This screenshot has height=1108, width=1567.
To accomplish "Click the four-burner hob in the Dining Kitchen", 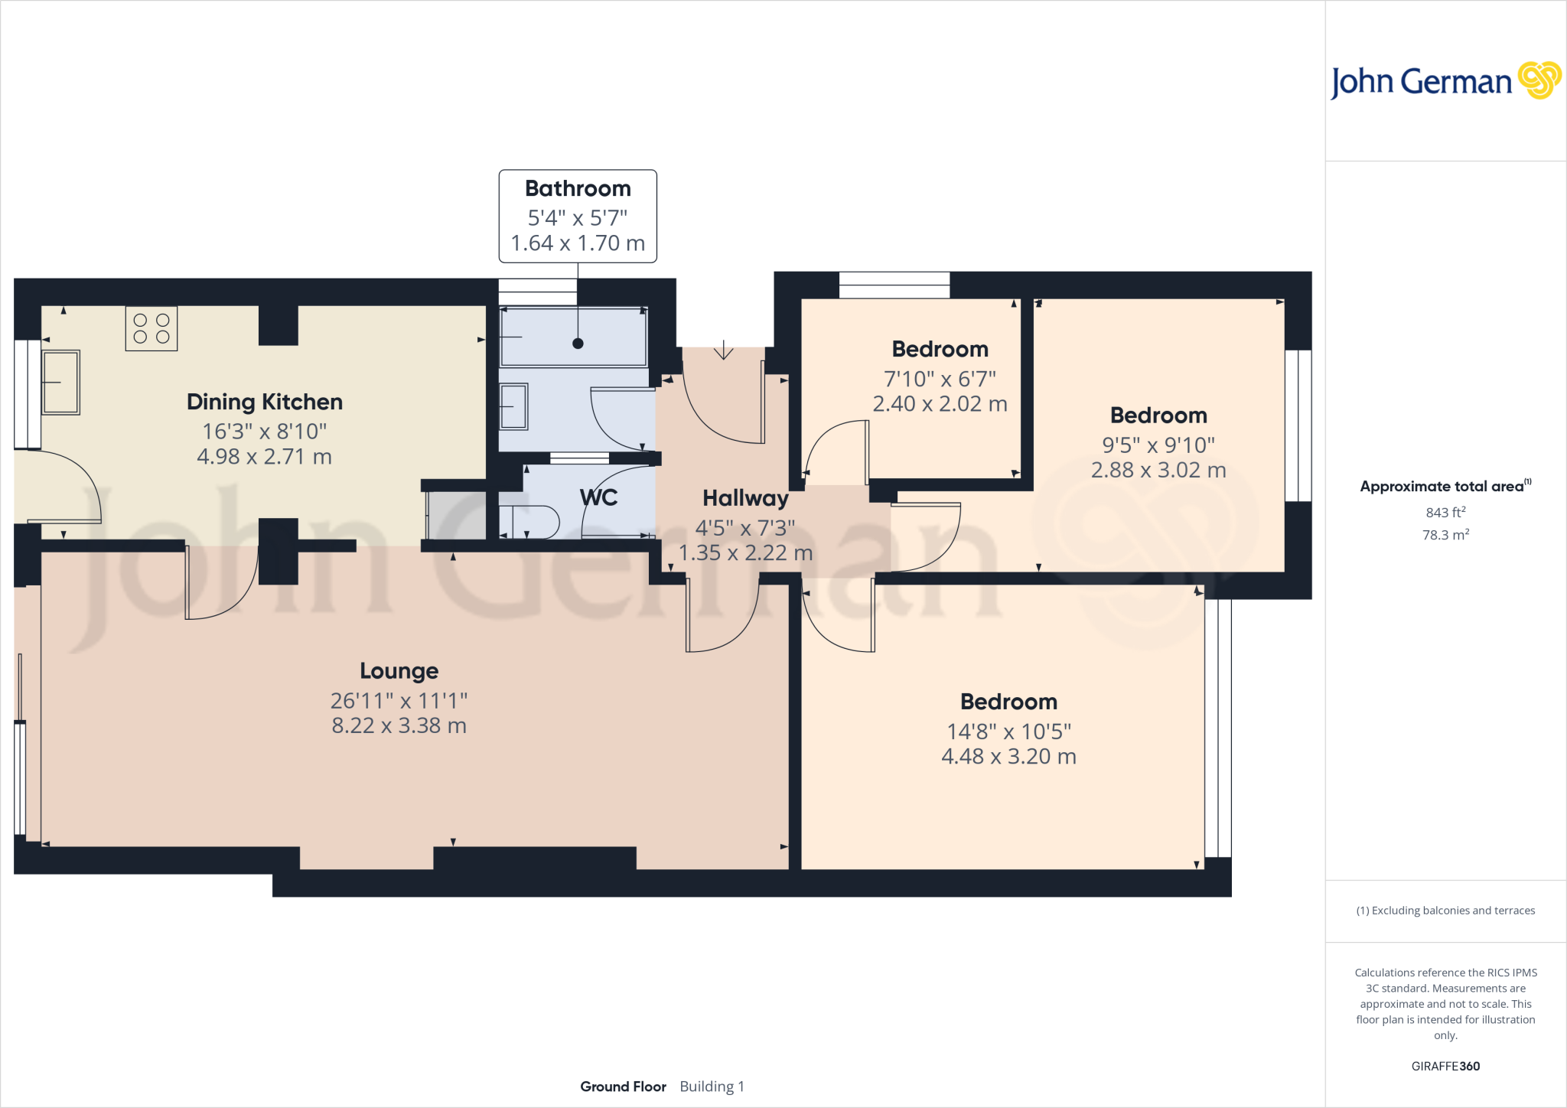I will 151,329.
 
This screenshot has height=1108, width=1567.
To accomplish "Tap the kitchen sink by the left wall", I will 60,382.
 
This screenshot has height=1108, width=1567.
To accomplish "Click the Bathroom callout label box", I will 578,216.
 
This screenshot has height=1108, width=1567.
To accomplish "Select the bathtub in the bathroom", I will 573,337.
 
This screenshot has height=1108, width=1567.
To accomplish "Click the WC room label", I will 598,497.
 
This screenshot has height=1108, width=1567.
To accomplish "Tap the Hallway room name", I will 745,498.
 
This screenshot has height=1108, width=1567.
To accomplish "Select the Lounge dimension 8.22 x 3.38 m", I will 399,725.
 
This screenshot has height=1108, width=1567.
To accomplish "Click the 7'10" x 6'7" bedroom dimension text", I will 940,379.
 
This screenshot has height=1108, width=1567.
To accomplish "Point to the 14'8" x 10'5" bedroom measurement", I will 1008,732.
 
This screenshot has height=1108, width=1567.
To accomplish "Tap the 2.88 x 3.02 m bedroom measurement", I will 1158,470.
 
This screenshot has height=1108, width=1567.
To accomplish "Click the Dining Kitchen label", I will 265,402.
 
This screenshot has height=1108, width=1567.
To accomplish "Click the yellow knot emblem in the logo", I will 1539,80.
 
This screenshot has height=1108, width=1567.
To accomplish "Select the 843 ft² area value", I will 1445,512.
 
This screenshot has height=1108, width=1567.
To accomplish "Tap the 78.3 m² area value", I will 1445,535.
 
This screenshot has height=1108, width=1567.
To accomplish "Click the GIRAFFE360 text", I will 1445,1066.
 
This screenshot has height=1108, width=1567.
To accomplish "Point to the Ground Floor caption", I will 623,1087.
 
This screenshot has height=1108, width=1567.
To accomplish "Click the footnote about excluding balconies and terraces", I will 1445,911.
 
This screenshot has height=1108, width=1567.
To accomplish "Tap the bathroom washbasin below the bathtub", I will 513,406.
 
